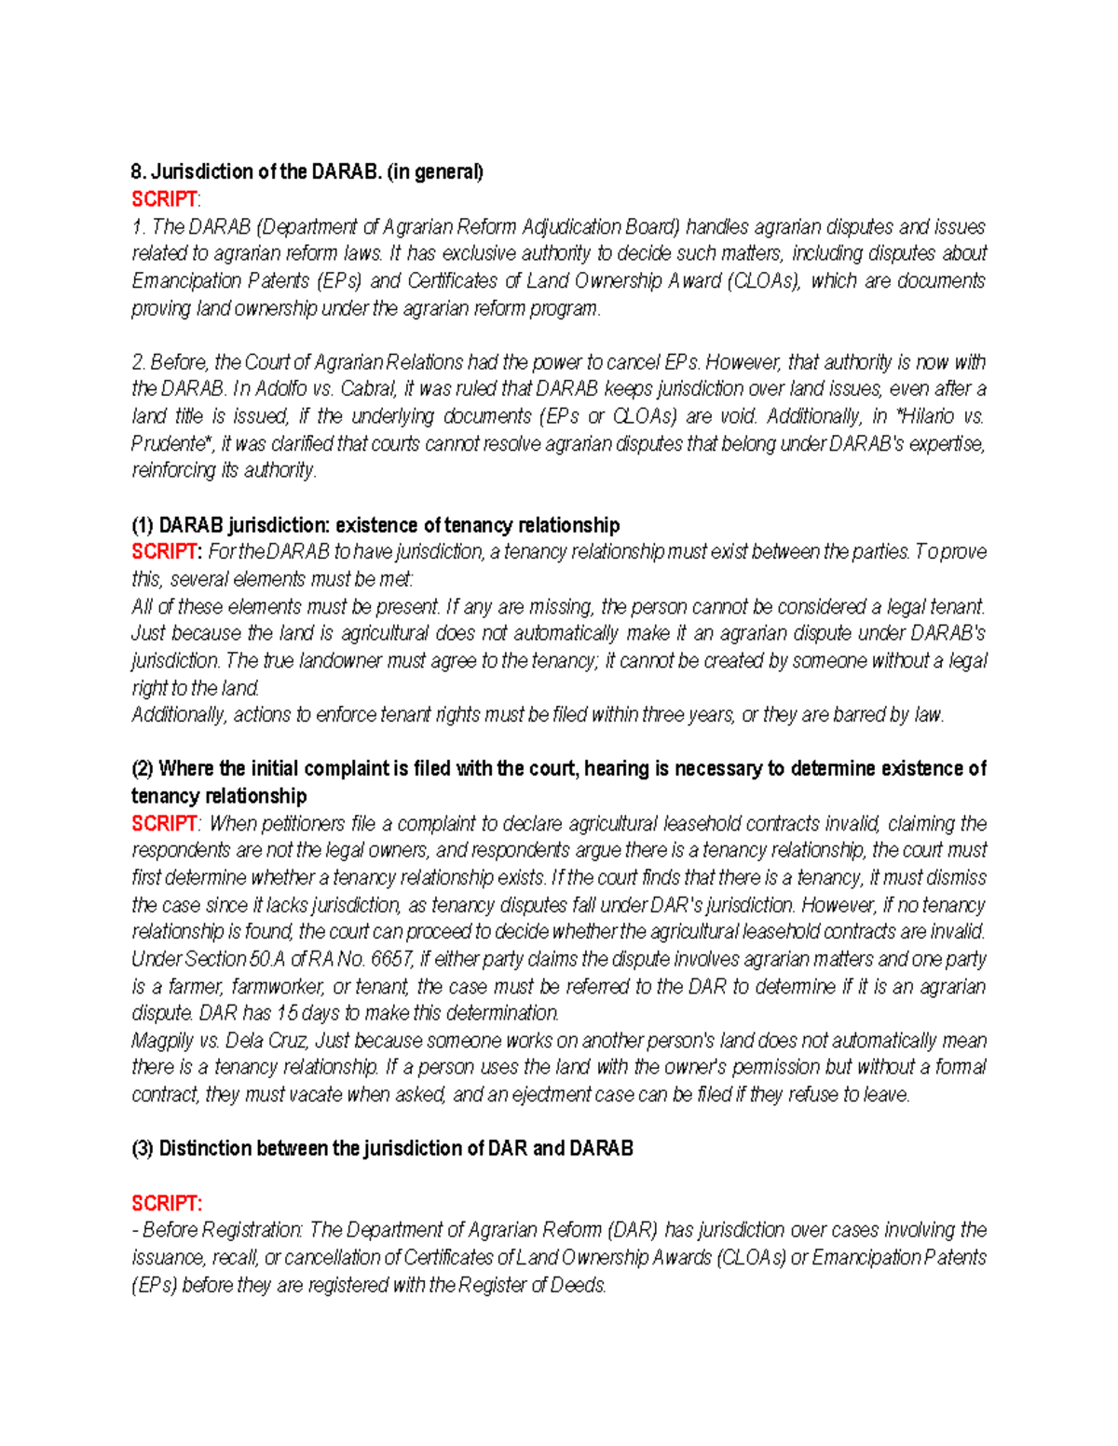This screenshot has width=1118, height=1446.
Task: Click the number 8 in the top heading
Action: coord(136,172)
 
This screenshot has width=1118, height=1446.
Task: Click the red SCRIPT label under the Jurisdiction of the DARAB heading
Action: coord(164,199)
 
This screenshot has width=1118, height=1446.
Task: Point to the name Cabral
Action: coord(368,389)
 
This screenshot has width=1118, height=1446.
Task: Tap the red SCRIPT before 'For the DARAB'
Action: coord(165,552)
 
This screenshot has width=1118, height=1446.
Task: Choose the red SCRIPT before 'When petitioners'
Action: coord(164,824)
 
